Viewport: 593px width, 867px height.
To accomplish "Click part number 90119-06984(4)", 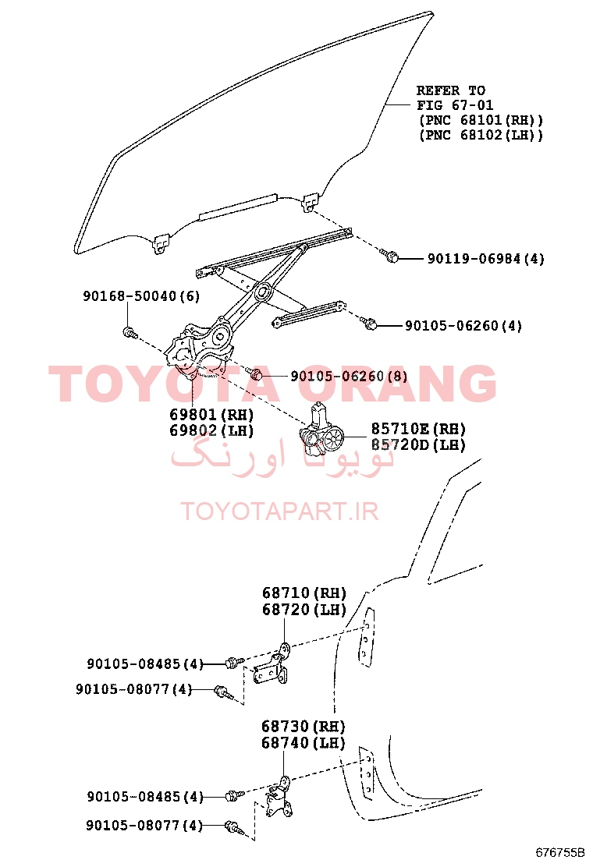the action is [x=485, y=258].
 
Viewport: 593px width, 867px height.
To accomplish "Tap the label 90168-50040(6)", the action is [x=141, y=295].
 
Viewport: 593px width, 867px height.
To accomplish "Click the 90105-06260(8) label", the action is [x=349, y=376].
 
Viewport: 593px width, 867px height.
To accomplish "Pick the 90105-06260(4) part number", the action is [x=463, y=326].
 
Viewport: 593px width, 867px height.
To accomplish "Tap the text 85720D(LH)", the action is [x=418, y=444].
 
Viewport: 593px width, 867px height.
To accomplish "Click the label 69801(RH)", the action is [x=211, y=415].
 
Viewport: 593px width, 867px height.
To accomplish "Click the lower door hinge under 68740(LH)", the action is [x=279, y=797].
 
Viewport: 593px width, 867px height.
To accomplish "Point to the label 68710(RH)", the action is [x=304, y=593].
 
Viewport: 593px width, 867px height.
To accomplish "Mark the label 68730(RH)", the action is [x=304, y=726].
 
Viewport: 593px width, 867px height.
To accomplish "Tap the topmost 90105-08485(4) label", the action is [x=145, y=664].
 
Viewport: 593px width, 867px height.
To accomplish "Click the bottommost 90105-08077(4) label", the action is [x=144, y=825].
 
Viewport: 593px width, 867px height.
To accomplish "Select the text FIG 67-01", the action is [x=455, y=105].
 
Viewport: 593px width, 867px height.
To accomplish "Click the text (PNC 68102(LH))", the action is [x=481, y=134].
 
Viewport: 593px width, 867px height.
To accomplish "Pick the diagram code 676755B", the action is [x=559, y=851].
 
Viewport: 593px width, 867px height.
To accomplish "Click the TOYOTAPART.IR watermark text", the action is [x=280, y=511].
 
